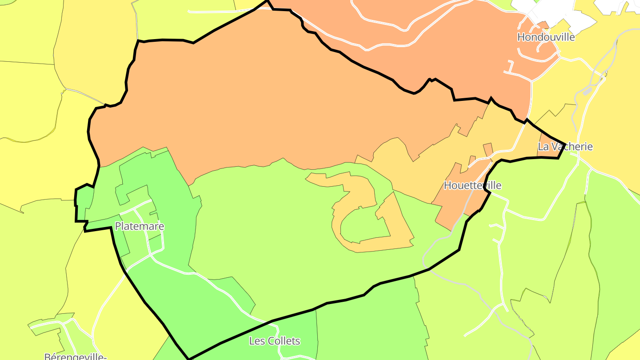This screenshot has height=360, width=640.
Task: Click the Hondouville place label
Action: tap(546, 37)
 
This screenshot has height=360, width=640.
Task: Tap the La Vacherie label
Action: tap(565, 147)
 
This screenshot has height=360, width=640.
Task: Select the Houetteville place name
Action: tap(472, 185)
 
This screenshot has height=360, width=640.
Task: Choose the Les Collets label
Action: tap(274, 341)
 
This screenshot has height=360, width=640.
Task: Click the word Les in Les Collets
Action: tap(256, 341)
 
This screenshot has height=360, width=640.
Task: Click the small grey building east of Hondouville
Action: tap(588, 91)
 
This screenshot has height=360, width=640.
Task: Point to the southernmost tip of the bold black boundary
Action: tap(189, 358)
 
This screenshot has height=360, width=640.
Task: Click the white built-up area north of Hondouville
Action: tap(556, 11)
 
